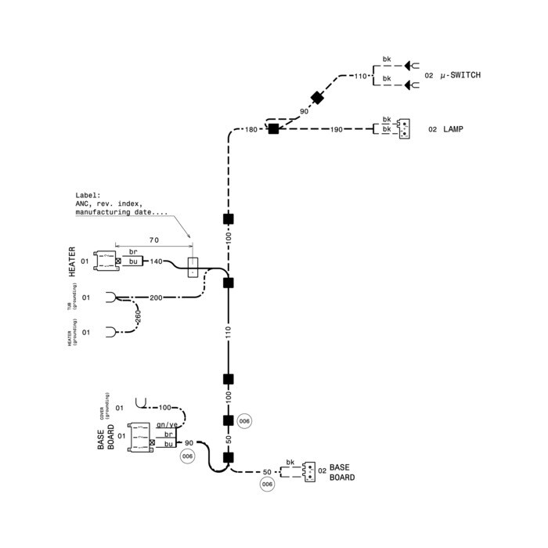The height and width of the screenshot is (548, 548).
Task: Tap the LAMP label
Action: click(x=453, y=128)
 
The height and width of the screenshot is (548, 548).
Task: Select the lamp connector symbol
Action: click(x=403, y=128)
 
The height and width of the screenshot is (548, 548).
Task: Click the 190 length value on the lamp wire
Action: click(x=337, y=128)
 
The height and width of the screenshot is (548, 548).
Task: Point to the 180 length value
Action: click(x=251, y=128)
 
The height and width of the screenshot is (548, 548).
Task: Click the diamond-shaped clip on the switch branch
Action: click(x=317, y=98)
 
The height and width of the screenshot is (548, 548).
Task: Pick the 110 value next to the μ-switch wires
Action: click(x=360, y=76)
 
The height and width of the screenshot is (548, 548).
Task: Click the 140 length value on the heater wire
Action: click(x=156, y=261)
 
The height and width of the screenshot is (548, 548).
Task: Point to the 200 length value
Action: click(x=156, y=298)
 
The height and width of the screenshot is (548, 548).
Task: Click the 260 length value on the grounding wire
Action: click(x=138, y=316)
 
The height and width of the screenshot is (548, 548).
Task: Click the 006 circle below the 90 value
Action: click(x=187, y=456)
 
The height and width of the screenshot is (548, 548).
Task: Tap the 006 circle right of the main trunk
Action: click(x=245, y=420)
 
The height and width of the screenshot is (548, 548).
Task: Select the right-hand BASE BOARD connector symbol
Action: click(x=310, y=470)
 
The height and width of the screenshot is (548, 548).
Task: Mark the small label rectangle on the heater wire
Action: click(x=193, y=267)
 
